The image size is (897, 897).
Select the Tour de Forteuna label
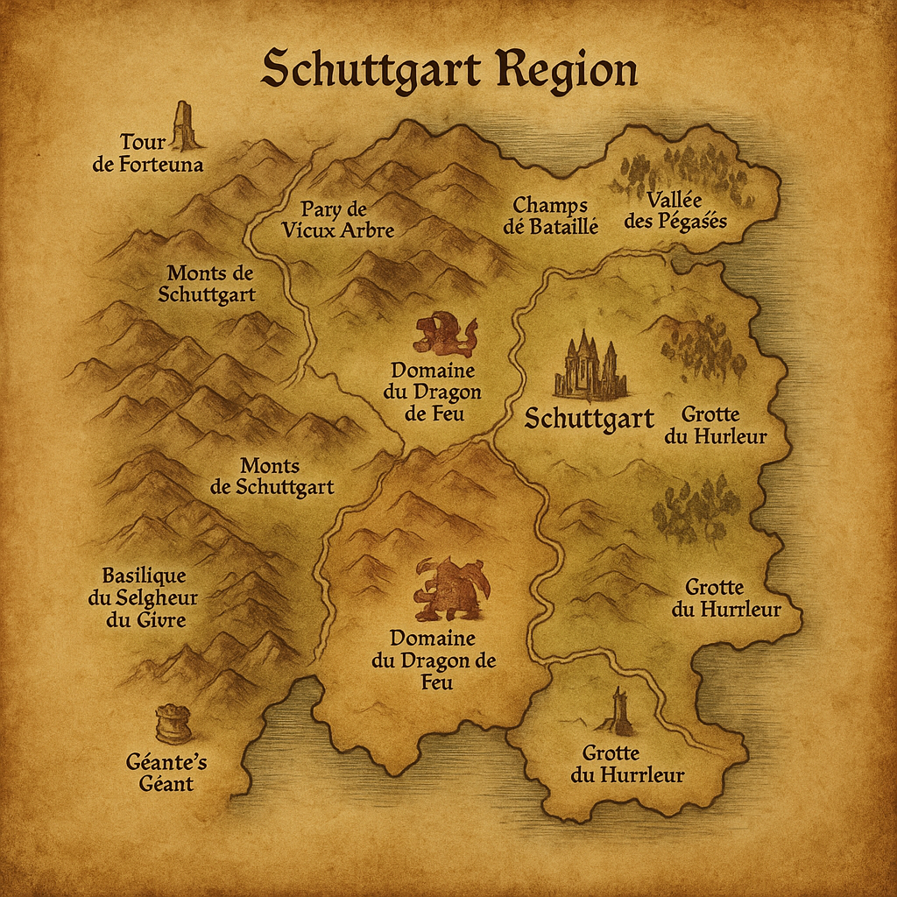(x=148, y=152)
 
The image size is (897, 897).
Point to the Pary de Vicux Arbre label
(x=337, y=220)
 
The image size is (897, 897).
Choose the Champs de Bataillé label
(x=555, y=215)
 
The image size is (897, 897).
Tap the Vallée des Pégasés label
(x=675, y=210)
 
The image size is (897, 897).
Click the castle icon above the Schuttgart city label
(x=590, y=366)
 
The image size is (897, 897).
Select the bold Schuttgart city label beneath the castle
(x=589, y=419)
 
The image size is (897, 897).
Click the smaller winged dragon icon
(x=445, y=334)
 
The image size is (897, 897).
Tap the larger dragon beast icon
(x=451, y=589)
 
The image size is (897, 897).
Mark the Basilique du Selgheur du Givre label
(x=149, y=598)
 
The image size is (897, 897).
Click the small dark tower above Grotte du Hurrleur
(x=620, y=711)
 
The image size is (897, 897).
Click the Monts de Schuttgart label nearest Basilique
(x=271, y=477)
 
